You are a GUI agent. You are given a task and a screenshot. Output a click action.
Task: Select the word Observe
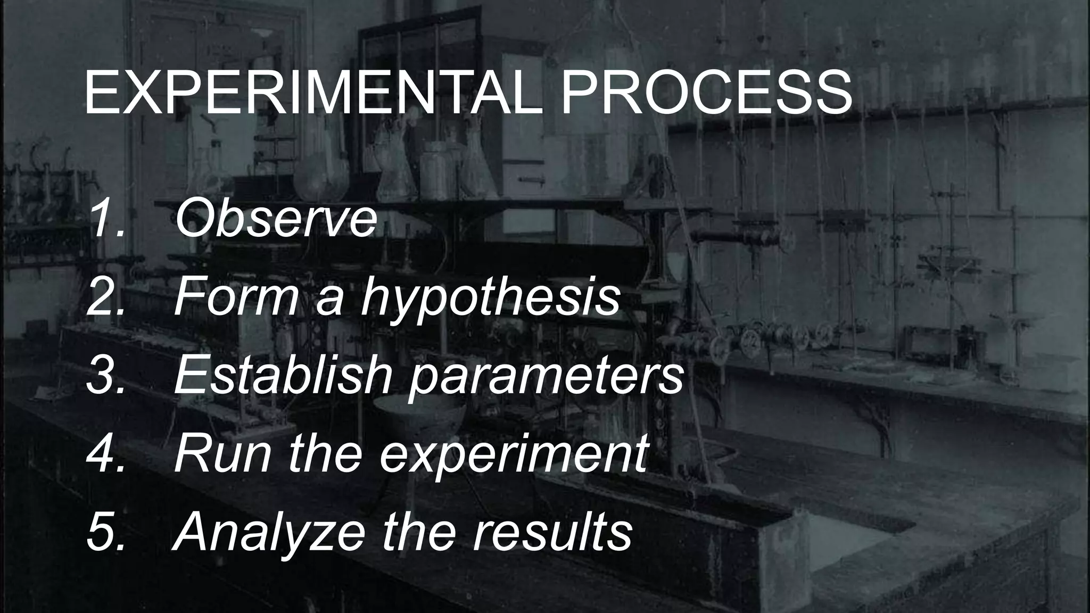pos(276,219)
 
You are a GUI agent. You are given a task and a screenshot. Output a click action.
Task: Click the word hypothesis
pos(490,298)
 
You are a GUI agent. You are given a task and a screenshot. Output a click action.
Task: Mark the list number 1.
pos(107,219)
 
